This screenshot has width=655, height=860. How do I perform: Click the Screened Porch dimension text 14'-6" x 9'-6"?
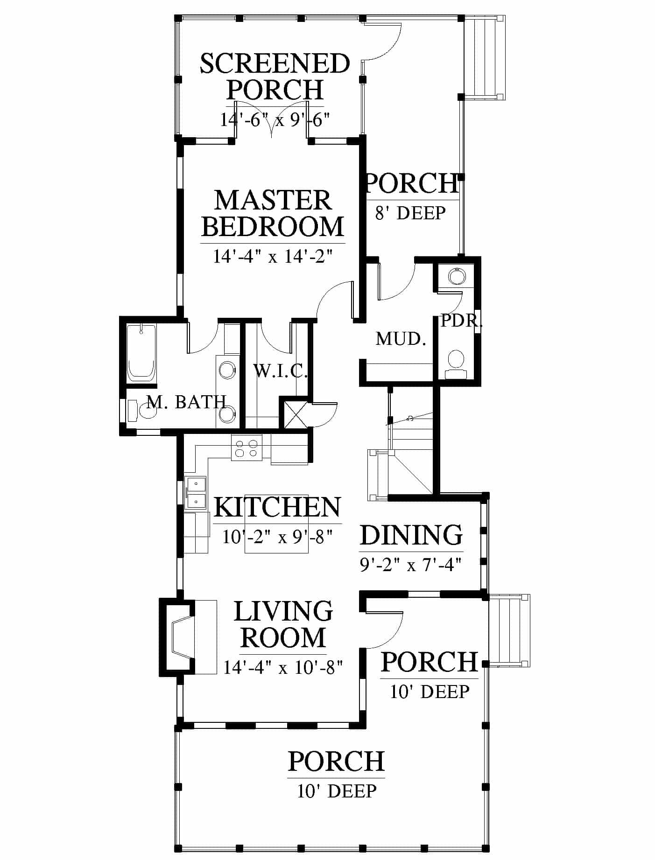point(275,120)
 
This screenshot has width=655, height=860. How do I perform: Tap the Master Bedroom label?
point(273,213)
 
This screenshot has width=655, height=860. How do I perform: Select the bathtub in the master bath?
point(141,353)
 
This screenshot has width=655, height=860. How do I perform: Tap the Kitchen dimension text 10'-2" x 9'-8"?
point(277,537)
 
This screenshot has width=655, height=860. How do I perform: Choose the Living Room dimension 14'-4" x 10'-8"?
point(283,667)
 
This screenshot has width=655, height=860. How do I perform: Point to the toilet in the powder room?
point(456,364)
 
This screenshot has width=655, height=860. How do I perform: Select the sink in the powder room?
point(457,276)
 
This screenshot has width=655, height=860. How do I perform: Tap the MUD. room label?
point(401,339)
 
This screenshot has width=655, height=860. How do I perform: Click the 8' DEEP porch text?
point(410,213)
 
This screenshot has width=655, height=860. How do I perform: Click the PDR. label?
point(461,321)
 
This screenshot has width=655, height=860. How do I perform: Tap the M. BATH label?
point(187,401)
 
